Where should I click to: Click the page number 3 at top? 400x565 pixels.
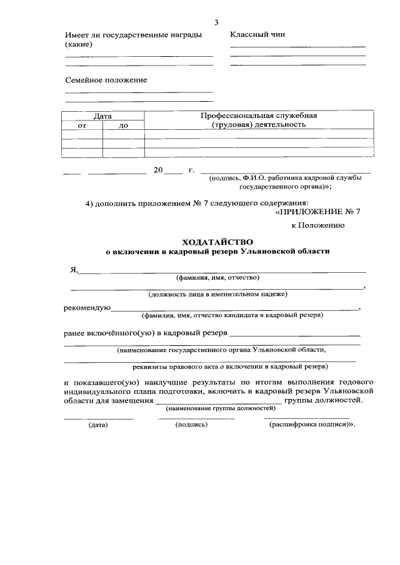[x=216, y=23]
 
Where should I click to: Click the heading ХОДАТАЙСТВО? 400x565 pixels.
[x=216, y=242]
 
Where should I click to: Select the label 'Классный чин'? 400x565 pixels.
[x=257, y=34]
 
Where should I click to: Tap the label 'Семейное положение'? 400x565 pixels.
[x=106, y=80]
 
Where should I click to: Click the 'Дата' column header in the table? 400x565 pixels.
[x=102, y=116]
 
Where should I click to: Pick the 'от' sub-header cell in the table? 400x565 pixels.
[x=81, y=125]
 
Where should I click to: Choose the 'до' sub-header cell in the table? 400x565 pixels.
[x=123, y=125]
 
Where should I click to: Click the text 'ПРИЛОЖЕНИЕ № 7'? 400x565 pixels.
[x=318, y=212]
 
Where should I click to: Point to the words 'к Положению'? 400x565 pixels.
[x=317, y=225]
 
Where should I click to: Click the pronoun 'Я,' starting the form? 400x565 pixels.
[x=74, y=270]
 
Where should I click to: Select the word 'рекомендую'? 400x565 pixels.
[x=87, y=307]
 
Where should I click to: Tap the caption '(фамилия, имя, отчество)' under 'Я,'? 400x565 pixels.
[x=217, y=277]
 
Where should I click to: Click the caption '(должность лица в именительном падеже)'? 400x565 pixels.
[x=217, y=293]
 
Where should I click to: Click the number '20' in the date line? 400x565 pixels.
[x=157, y=170]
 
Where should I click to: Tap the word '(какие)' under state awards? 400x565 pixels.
[x=79, y=44]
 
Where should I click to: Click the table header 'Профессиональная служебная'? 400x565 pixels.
[x=259, y=116]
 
